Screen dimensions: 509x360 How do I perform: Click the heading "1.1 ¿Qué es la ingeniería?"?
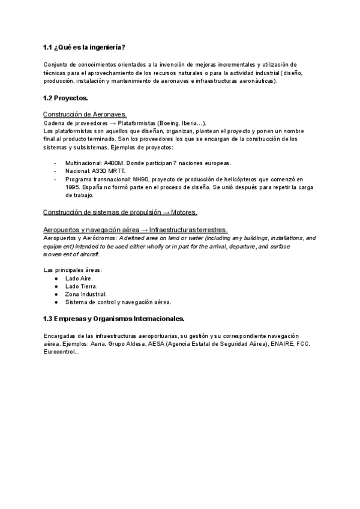click(84, 47)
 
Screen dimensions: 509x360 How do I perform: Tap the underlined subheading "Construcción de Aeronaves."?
click(85, 114)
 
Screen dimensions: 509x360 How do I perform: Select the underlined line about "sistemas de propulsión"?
click(120, 212)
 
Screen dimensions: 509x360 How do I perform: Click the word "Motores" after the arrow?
click(184, 212)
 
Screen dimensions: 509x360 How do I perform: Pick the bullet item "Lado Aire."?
click(79, 279)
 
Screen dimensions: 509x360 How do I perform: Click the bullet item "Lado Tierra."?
click(81, 286)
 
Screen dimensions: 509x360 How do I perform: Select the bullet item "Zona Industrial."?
click(85, 294)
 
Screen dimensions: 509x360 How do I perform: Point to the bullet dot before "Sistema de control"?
click(56, 302)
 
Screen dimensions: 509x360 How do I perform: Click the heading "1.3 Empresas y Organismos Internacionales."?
click(114, 318)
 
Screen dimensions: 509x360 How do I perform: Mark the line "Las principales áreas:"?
click(68, 270)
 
